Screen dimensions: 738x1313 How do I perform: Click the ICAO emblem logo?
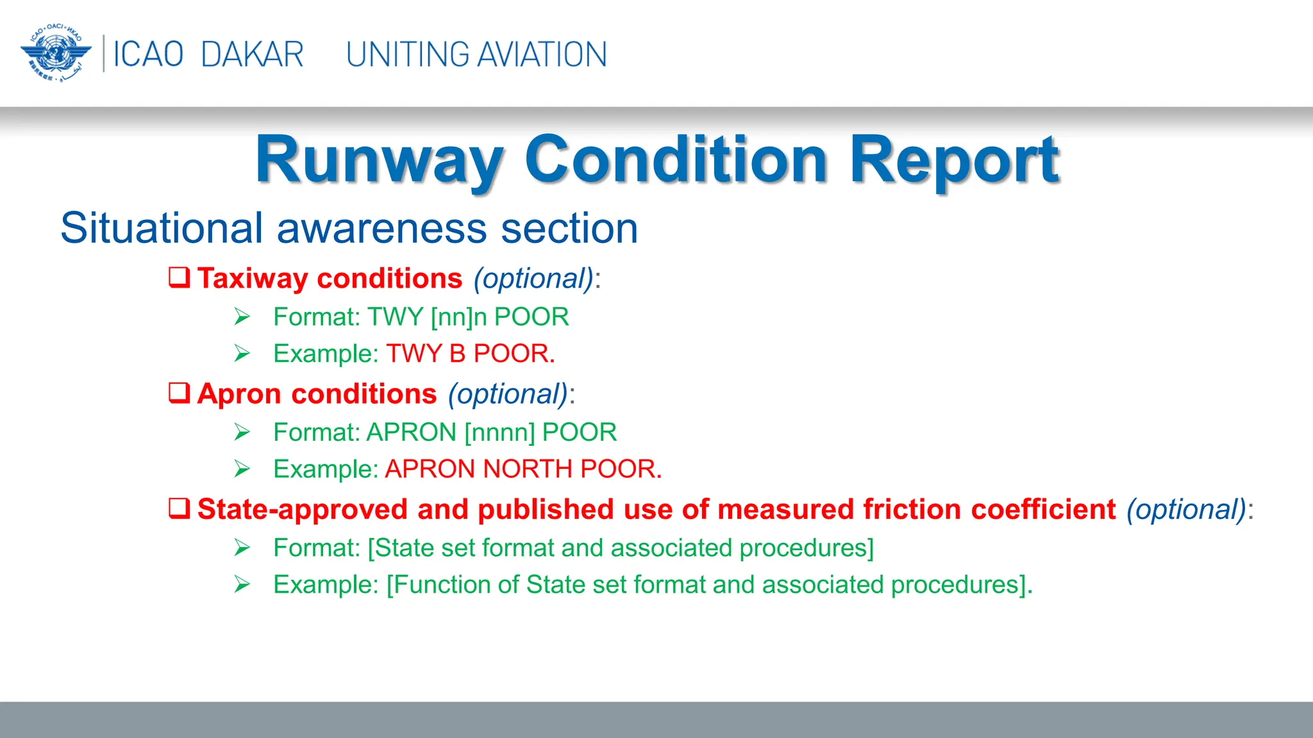coord(56,54)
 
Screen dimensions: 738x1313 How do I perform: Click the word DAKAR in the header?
coord(252,54)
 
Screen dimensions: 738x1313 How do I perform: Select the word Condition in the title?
coord(676,160)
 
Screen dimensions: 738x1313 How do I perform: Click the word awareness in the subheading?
coord(381,229)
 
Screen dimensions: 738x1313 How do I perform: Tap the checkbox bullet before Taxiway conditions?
coord(180,277)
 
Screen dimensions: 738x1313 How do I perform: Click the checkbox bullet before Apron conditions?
coord(180,393)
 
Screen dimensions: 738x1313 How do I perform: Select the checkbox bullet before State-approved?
coord(180,509)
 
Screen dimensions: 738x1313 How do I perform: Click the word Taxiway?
coord(253,279)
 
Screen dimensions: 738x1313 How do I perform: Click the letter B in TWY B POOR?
coord(457,354)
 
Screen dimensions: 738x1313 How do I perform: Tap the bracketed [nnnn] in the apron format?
coord(499,432)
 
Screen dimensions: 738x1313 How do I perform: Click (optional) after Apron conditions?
coord(508,394)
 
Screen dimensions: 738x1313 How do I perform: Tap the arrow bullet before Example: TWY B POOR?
coord(242,354)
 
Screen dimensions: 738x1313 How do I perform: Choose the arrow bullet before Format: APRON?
coord(242,432)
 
